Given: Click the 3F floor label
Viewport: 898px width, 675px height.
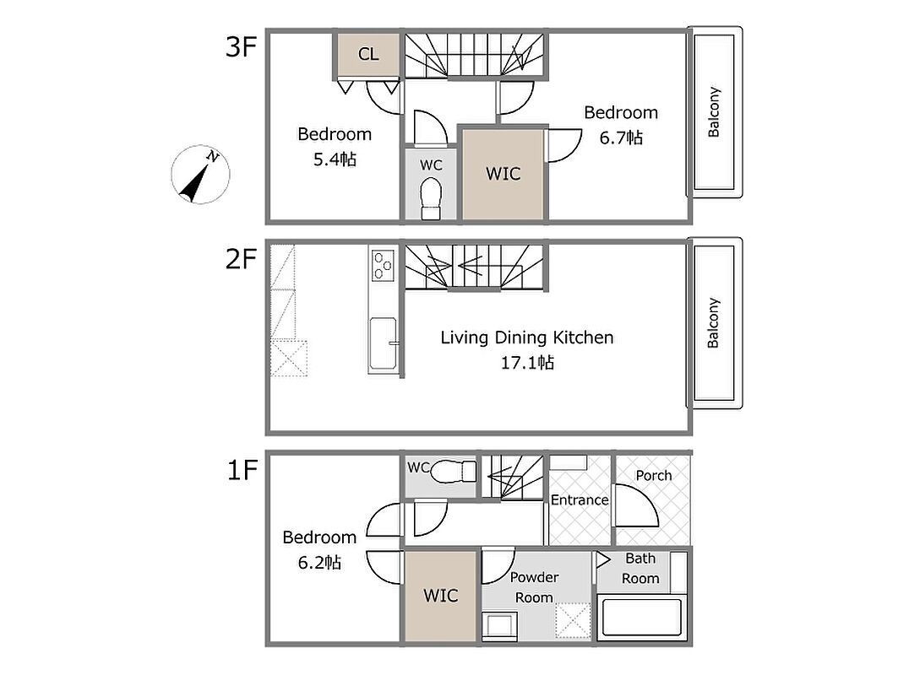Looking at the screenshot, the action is (x=241, y=46).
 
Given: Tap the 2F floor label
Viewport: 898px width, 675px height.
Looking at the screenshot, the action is (x=241, y=258).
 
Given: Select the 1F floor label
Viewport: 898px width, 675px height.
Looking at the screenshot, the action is (x=242, y=470).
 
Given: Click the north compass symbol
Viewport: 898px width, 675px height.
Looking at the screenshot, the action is (x=200, y=175).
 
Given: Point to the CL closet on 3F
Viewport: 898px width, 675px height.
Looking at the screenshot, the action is (x=368, y=54).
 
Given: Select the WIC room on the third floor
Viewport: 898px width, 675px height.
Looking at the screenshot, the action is (x=503, y=174).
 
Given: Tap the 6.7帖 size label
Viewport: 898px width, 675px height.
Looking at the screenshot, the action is (x=621, y=138).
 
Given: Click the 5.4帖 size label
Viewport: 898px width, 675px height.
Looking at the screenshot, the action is (x=335, y=159).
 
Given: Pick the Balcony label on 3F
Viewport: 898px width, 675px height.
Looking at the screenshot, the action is (x=714, y=112).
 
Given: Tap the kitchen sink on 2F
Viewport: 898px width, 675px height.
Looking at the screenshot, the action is (x=384, y=343).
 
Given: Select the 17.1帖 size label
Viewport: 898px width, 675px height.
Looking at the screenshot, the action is (x=527, y=363).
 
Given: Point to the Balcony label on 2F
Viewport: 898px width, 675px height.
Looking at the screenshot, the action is (x=713, y=323).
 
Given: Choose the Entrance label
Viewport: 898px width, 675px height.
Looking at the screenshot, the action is (x=580, y=500).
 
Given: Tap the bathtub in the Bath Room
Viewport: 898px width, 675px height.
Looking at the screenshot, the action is (x=641, y=618).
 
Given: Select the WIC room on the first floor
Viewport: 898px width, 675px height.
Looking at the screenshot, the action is (x=440, y=596).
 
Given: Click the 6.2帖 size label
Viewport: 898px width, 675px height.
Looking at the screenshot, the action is (x=319, y=562).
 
